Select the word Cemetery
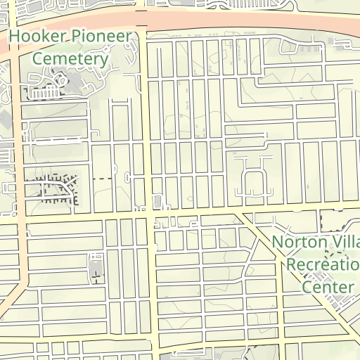tap(70, 58)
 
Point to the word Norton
tap(300, 242)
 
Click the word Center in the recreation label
tap(328, 287)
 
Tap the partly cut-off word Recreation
tap(323, 264)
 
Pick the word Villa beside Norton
tap(346, 242)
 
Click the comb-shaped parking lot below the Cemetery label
tap(46, 93)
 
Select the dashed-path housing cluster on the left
tap(56, 188)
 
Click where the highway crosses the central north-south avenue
tap(143, 21)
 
